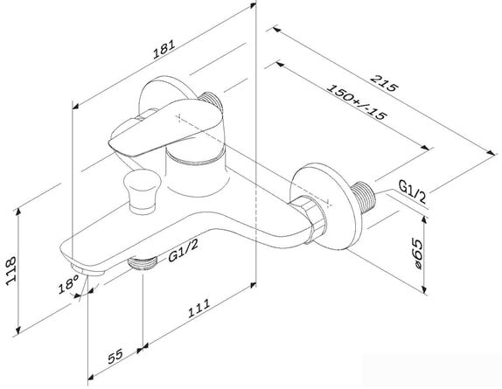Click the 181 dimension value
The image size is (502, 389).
pyautogui.click(x=164, y=49)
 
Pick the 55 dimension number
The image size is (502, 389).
pyautogui.click(x=115, y=356)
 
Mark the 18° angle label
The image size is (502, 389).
pyautogui.click(x=68, y=284)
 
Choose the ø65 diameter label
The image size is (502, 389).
pyautogui.click(x=417, y=254)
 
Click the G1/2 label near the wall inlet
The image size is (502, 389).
pyautogui.click(x=413, y=191)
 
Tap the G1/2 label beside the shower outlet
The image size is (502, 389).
pyautogui.click(x=183, y=251)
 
